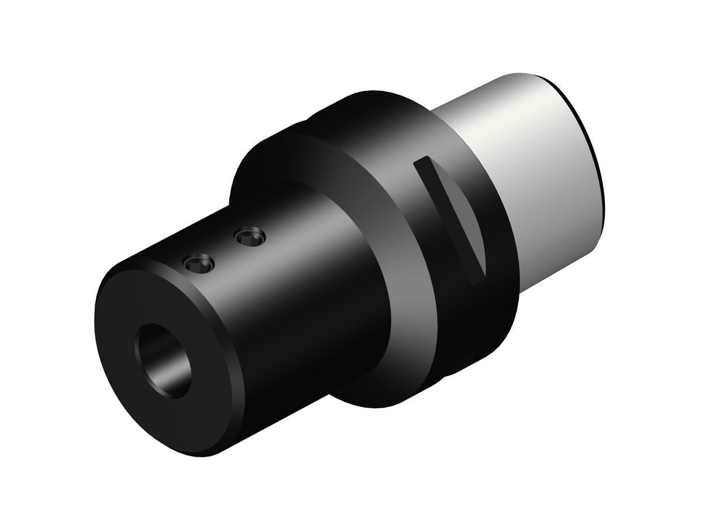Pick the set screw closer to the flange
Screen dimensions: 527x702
click(x=250, y=238)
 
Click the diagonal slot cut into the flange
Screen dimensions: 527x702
click(x=450, y=217)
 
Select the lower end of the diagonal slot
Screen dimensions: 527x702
click(x=477, y=278)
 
